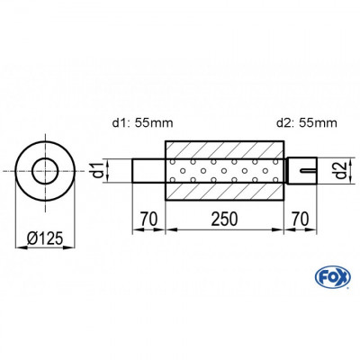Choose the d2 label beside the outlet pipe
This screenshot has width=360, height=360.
[333, 167]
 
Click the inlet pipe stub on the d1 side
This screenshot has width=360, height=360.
[148, 169]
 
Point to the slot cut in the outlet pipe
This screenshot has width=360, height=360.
[307, 168]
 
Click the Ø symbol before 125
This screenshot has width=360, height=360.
[29, 238]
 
